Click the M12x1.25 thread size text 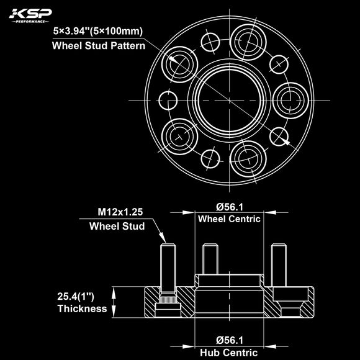click(120, 213)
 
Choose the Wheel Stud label click(117, 226)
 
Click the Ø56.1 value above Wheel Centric click(228, 207)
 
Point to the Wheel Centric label click(228, 219)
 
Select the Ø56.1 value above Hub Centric click(228, 340)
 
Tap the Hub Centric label click(228, 352)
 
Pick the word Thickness click(82, 308)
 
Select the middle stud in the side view click(210, 259)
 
